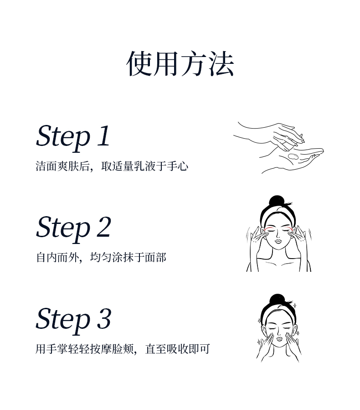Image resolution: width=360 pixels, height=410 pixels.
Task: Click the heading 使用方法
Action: (x=180, y=64)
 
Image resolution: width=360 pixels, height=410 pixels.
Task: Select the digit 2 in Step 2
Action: (x=104, y=227)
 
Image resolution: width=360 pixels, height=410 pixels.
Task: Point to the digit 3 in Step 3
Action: (x=104, y=318)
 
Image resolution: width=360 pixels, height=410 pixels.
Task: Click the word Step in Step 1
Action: (x=63, y=138)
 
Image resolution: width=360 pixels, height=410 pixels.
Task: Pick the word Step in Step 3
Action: (x=63, y=320)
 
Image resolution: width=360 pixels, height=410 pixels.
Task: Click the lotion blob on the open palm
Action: (x=293, y=156)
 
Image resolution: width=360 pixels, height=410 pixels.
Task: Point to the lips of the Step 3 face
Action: (x=279, y=339)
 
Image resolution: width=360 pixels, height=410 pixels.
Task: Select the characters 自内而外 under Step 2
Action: (x=57, y=258)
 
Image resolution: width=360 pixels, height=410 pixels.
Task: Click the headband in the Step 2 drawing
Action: (x=277, y=214)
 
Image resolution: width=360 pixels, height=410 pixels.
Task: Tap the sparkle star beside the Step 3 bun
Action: (x=294, y=306)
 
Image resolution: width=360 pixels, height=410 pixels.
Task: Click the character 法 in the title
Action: (x=221, y=64)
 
